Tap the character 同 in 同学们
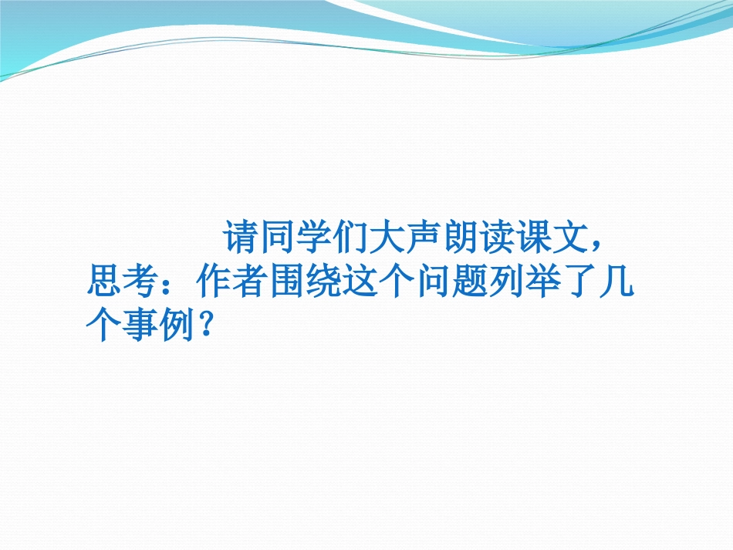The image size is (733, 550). [x=276, y=239]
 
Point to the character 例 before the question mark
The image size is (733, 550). [x=175, y=329]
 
